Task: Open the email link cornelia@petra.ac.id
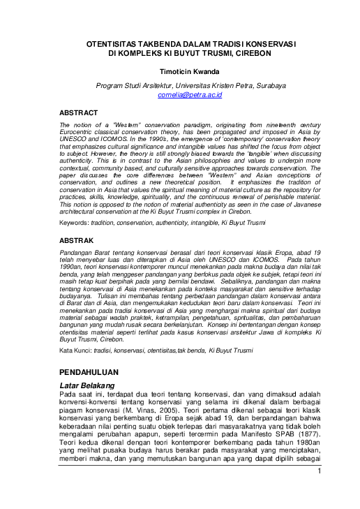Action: click(x=190, y=94)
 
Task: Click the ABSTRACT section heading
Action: click(x=79, y=111)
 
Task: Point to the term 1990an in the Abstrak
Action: click(x=73, y=267)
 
